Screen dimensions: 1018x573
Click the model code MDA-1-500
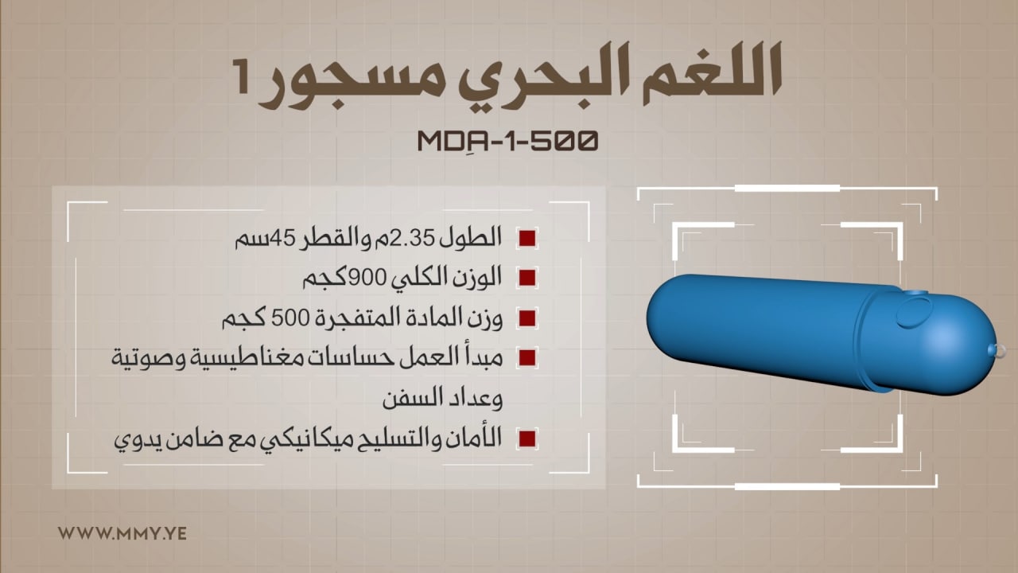[x=507, y=141]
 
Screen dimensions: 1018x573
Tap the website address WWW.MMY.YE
[x=122, y=533]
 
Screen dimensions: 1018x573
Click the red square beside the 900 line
[x=527, y=278]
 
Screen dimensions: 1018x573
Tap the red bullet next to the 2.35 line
[x=527, y=238]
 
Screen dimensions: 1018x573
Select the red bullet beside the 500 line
[x=527, y=318]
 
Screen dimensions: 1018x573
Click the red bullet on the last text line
[x=527, y=439]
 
